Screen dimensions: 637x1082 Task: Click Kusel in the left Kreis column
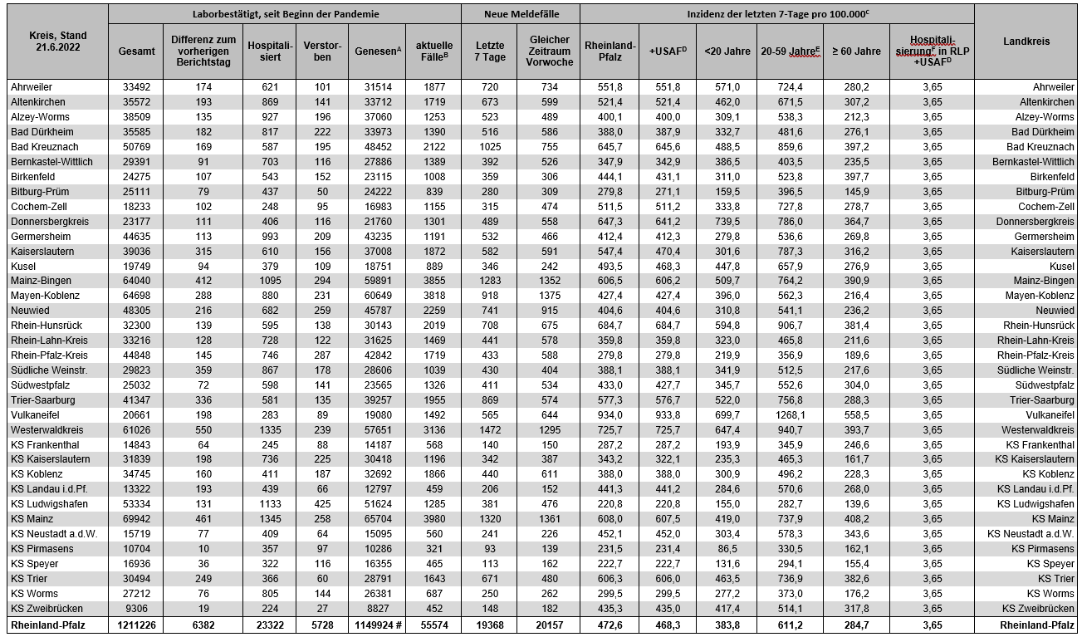pyautogui.click(x=23, y=266)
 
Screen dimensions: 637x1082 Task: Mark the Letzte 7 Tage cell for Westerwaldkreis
pyautogui.click(x=488, y=430)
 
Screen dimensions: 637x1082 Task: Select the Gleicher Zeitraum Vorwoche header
pyautogui.click(x=549, y=51)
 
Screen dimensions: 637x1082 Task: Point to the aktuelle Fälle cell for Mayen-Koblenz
pyautogui.click(x=435, y=296)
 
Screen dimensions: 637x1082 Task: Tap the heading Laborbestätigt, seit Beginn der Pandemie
pyautogui.click(x=284, y=14)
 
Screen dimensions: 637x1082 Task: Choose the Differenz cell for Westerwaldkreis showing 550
pyautogui.click(x=203, y=430)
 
